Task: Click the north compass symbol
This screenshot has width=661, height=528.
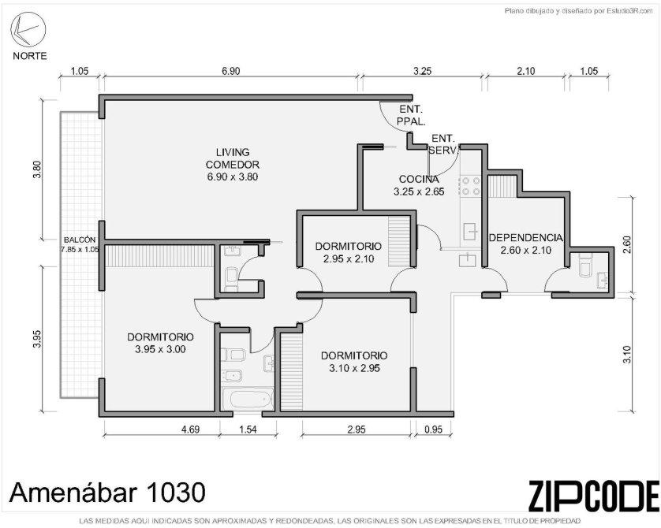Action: point(28,29)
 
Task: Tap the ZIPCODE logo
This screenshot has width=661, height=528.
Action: point(593,496)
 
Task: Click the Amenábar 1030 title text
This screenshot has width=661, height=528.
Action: point(108,493)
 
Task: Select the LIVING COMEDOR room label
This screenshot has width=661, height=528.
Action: point(232,164)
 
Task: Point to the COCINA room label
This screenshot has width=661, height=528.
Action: point(419,185)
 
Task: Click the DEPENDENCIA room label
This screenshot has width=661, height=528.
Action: point(525,244)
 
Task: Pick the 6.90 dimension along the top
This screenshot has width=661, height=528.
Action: point(230,71)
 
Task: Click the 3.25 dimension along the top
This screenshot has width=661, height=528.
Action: point(422,71)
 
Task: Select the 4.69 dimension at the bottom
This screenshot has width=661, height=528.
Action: point(191,429)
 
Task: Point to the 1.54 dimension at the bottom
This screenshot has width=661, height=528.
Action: point(248,429)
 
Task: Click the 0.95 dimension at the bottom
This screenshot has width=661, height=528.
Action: point(433,429)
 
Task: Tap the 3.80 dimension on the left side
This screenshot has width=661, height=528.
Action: point(38,169)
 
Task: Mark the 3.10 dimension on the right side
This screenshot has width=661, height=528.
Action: point(627,355)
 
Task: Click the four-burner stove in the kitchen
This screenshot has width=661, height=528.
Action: point(471,186)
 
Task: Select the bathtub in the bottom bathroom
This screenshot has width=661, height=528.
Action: point(248,400)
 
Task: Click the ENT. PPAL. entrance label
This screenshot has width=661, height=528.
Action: point(411,115)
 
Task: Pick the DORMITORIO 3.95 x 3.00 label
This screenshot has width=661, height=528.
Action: point(161,343)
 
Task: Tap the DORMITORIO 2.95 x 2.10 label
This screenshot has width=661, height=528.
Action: point(348,252)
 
